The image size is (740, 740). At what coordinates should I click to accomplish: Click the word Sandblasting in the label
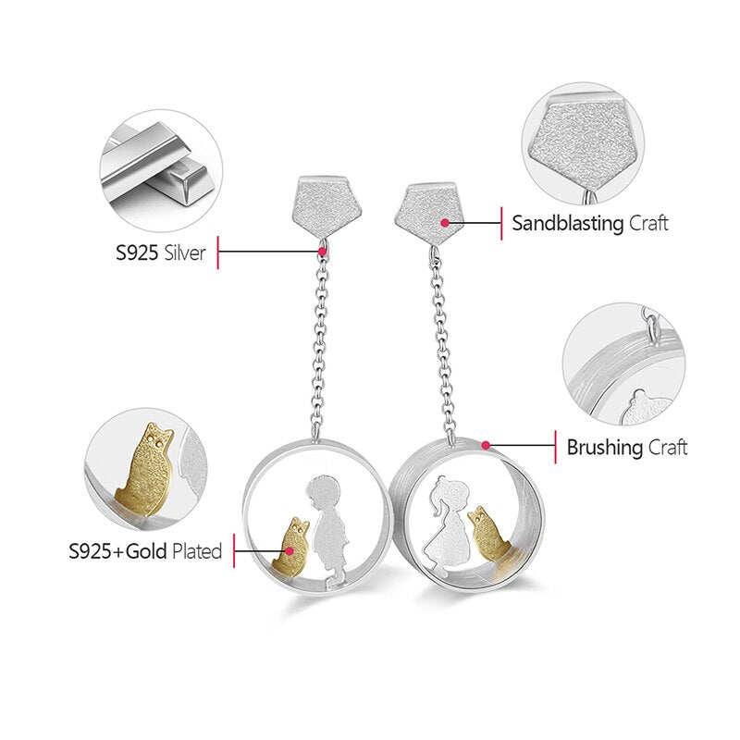(568, 223)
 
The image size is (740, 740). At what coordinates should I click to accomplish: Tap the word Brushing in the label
(604, 448)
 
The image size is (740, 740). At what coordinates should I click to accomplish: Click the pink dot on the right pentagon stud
(445, 223)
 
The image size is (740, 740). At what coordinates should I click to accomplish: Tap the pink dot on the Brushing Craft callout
(485, 445)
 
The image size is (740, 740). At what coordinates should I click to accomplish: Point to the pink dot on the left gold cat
(290, 552)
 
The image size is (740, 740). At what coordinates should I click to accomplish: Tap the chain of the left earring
(321, 342)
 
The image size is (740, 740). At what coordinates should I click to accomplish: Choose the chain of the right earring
(446, 342)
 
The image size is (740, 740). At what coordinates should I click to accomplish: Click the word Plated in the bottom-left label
(196, 552)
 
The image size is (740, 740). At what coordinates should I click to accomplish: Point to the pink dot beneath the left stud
(321, 251)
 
